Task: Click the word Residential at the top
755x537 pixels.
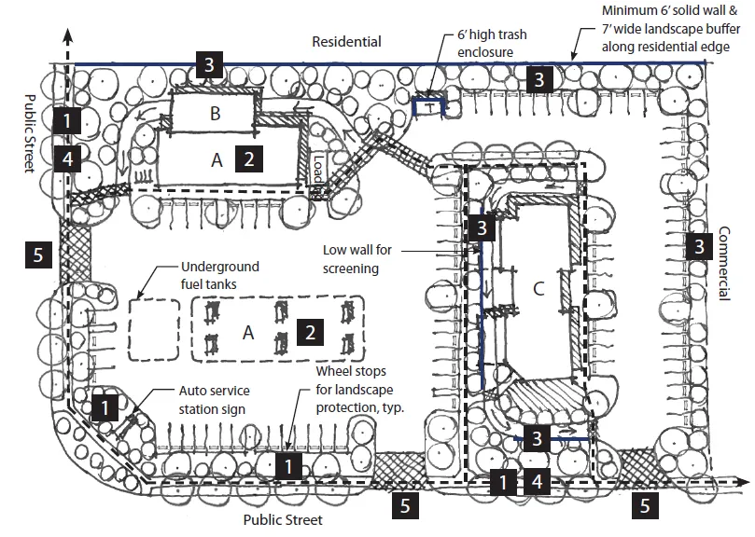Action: [346, 42]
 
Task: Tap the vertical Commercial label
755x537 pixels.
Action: [723, 264]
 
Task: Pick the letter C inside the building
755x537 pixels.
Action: [537, 289]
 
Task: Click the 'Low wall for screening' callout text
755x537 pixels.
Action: [364, 258]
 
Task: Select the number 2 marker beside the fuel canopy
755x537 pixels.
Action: [310, 331]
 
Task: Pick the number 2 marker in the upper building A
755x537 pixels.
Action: [248, 158]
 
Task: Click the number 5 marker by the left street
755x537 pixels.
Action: [35, 254]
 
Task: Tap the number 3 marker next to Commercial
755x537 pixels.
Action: [696, 246]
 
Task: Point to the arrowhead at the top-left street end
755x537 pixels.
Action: [68, 34]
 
